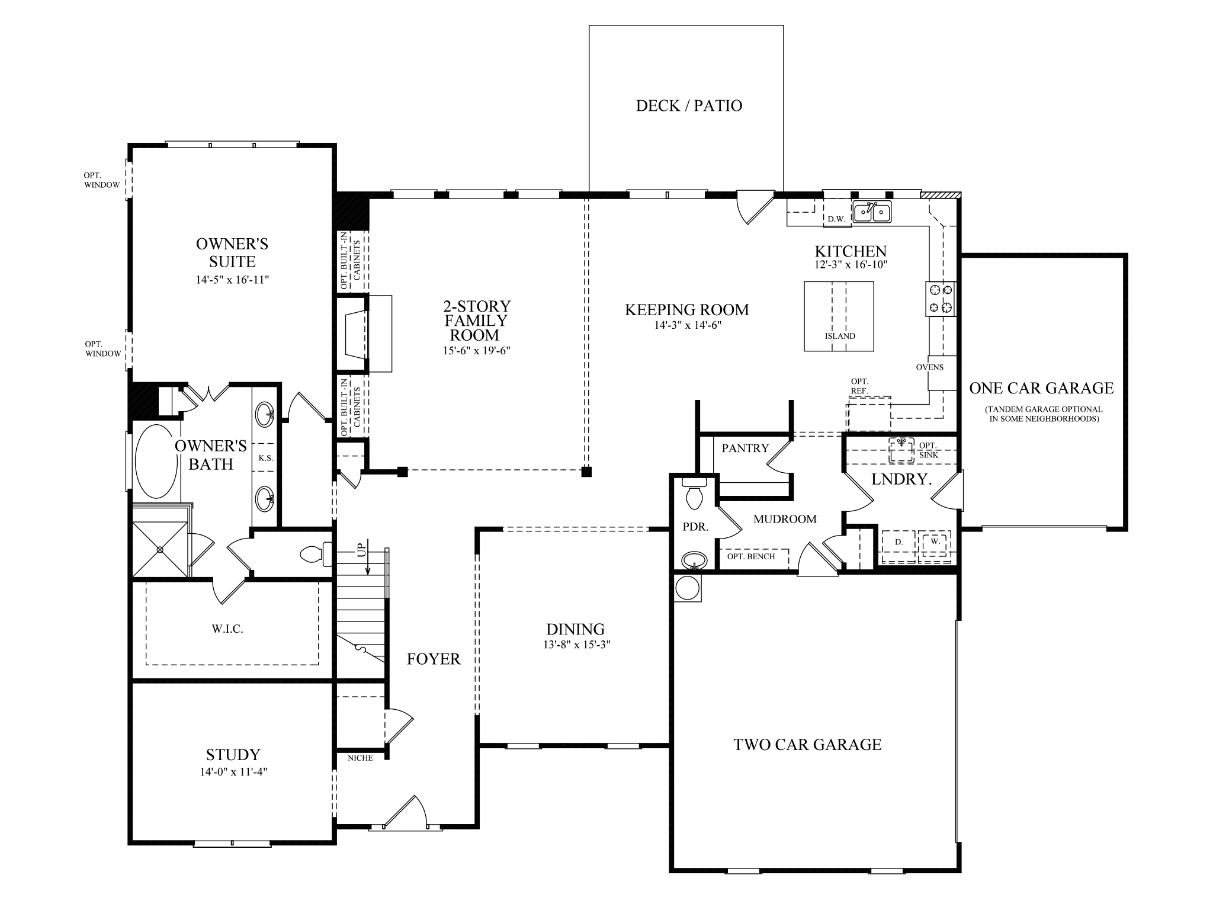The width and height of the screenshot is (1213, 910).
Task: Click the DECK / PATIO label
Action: tap(689, 106)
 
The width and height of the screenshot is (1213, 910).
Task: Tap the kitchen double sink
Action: tap(872, 212)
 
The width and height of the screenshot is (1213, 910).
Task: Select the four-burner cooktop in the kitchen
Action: tap(941, 299)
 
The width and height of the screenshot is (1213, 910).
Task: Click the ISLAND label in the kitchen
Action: tap(840, 336)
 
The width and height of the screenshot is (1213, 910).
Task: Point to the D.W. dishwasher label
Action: tap(836, 219)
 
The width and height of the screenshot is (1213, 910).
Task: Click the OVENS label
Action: tap(929, 367)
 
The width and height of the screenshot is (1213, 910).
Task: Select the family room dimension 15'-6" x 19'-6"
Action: tap(477, 351)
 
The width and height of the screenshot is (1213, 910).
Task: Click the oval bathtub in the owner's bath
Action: tap(156, 462)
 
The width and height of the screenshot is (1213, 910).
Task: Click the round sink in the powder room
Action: tap(694, 560)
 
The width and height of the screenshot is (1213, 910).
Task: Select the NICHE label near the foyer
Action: tap(360, 758)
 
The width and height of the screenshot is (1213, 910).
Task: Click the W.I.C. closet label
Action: tap(227, 629)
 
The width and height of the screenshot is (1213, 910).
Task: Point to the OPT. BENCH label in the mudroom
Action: tap(750, 557)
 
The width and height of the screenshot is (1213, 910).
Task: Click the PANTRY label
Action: tap(745, 448)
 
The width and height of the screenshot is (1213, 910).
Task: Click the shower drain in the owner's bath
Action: tap(160, 549)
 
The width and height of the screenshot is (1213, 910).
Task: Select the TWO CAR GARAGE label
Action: tap(807, 745)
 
